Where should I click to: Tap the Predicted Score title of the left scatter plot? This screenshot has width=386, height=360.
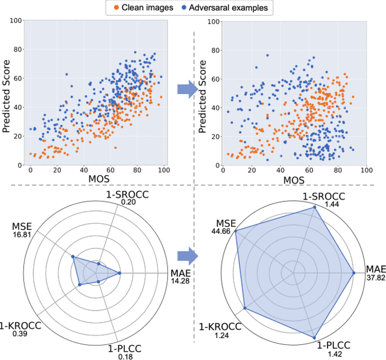click(x=7, y=93)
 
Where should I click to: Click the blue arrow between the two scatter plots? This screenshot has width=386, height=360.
click(x=188, y=89)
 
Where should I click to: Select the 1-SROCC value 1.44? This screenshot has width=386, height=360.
click(x=330, y=204)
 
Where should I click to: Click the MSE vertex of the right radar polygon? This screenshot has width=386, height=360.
click(x=235, y=232)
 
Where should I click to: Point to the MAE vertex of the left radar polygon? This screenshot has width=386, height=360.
click(x=119, y=273)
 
